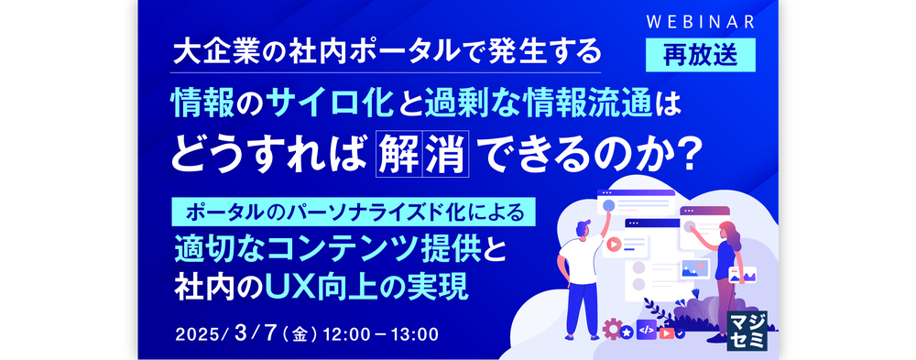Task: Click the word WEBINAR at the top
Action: tap(701, 22)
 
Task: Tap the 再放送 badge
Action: tap(701, 55)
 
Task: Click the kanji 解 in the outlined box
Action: tap(398, 153)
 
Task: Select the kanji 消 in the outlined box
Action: tap(446, 153)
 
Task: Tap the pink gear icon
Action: tap(611, 329)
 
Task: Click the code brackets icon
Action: tap(646, 330)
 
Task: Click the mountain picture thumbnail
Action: tap(694, 268)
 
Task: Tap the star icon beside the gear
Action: tap(627, 333)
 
